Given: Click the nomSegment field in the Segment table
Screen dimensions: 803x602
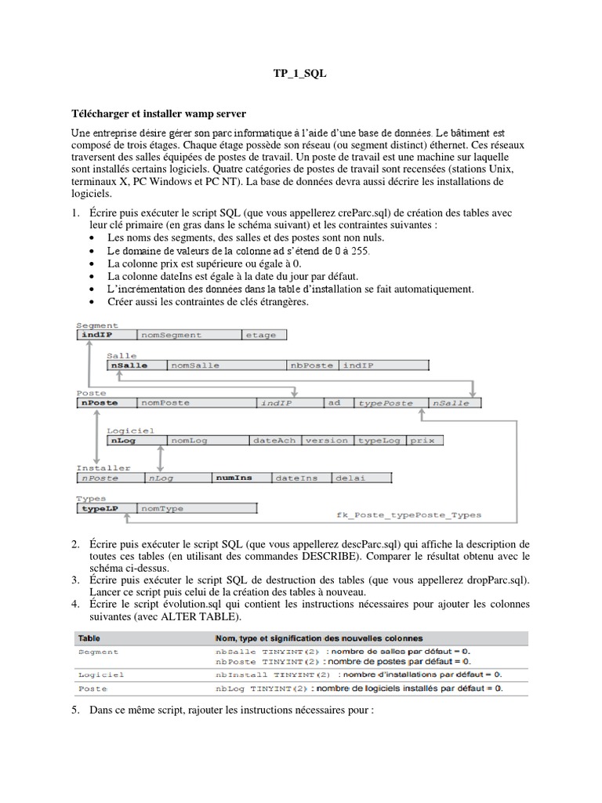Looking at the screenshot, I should pos(171,335).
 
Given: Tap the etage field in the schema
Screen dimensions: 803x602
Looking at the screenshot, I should pos(261,335).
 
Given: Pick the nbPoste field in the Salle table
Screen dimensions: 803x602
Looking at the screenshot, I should pos(313,365).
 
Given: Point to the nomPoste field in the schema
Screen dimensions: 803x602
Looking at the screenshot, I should pos(161,402).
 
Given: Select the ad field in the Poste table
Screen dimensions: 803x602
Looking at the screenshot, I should pos(335,402).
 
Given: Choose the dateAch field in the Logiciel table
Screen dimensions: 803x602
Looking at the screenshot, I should pos(274,440).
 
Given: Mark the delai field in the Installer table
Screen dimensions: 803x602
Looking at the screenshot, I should pos(350,477).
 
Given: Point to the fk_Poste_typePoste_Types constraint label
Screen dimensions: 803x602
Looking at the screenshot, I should pos(408,514).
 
